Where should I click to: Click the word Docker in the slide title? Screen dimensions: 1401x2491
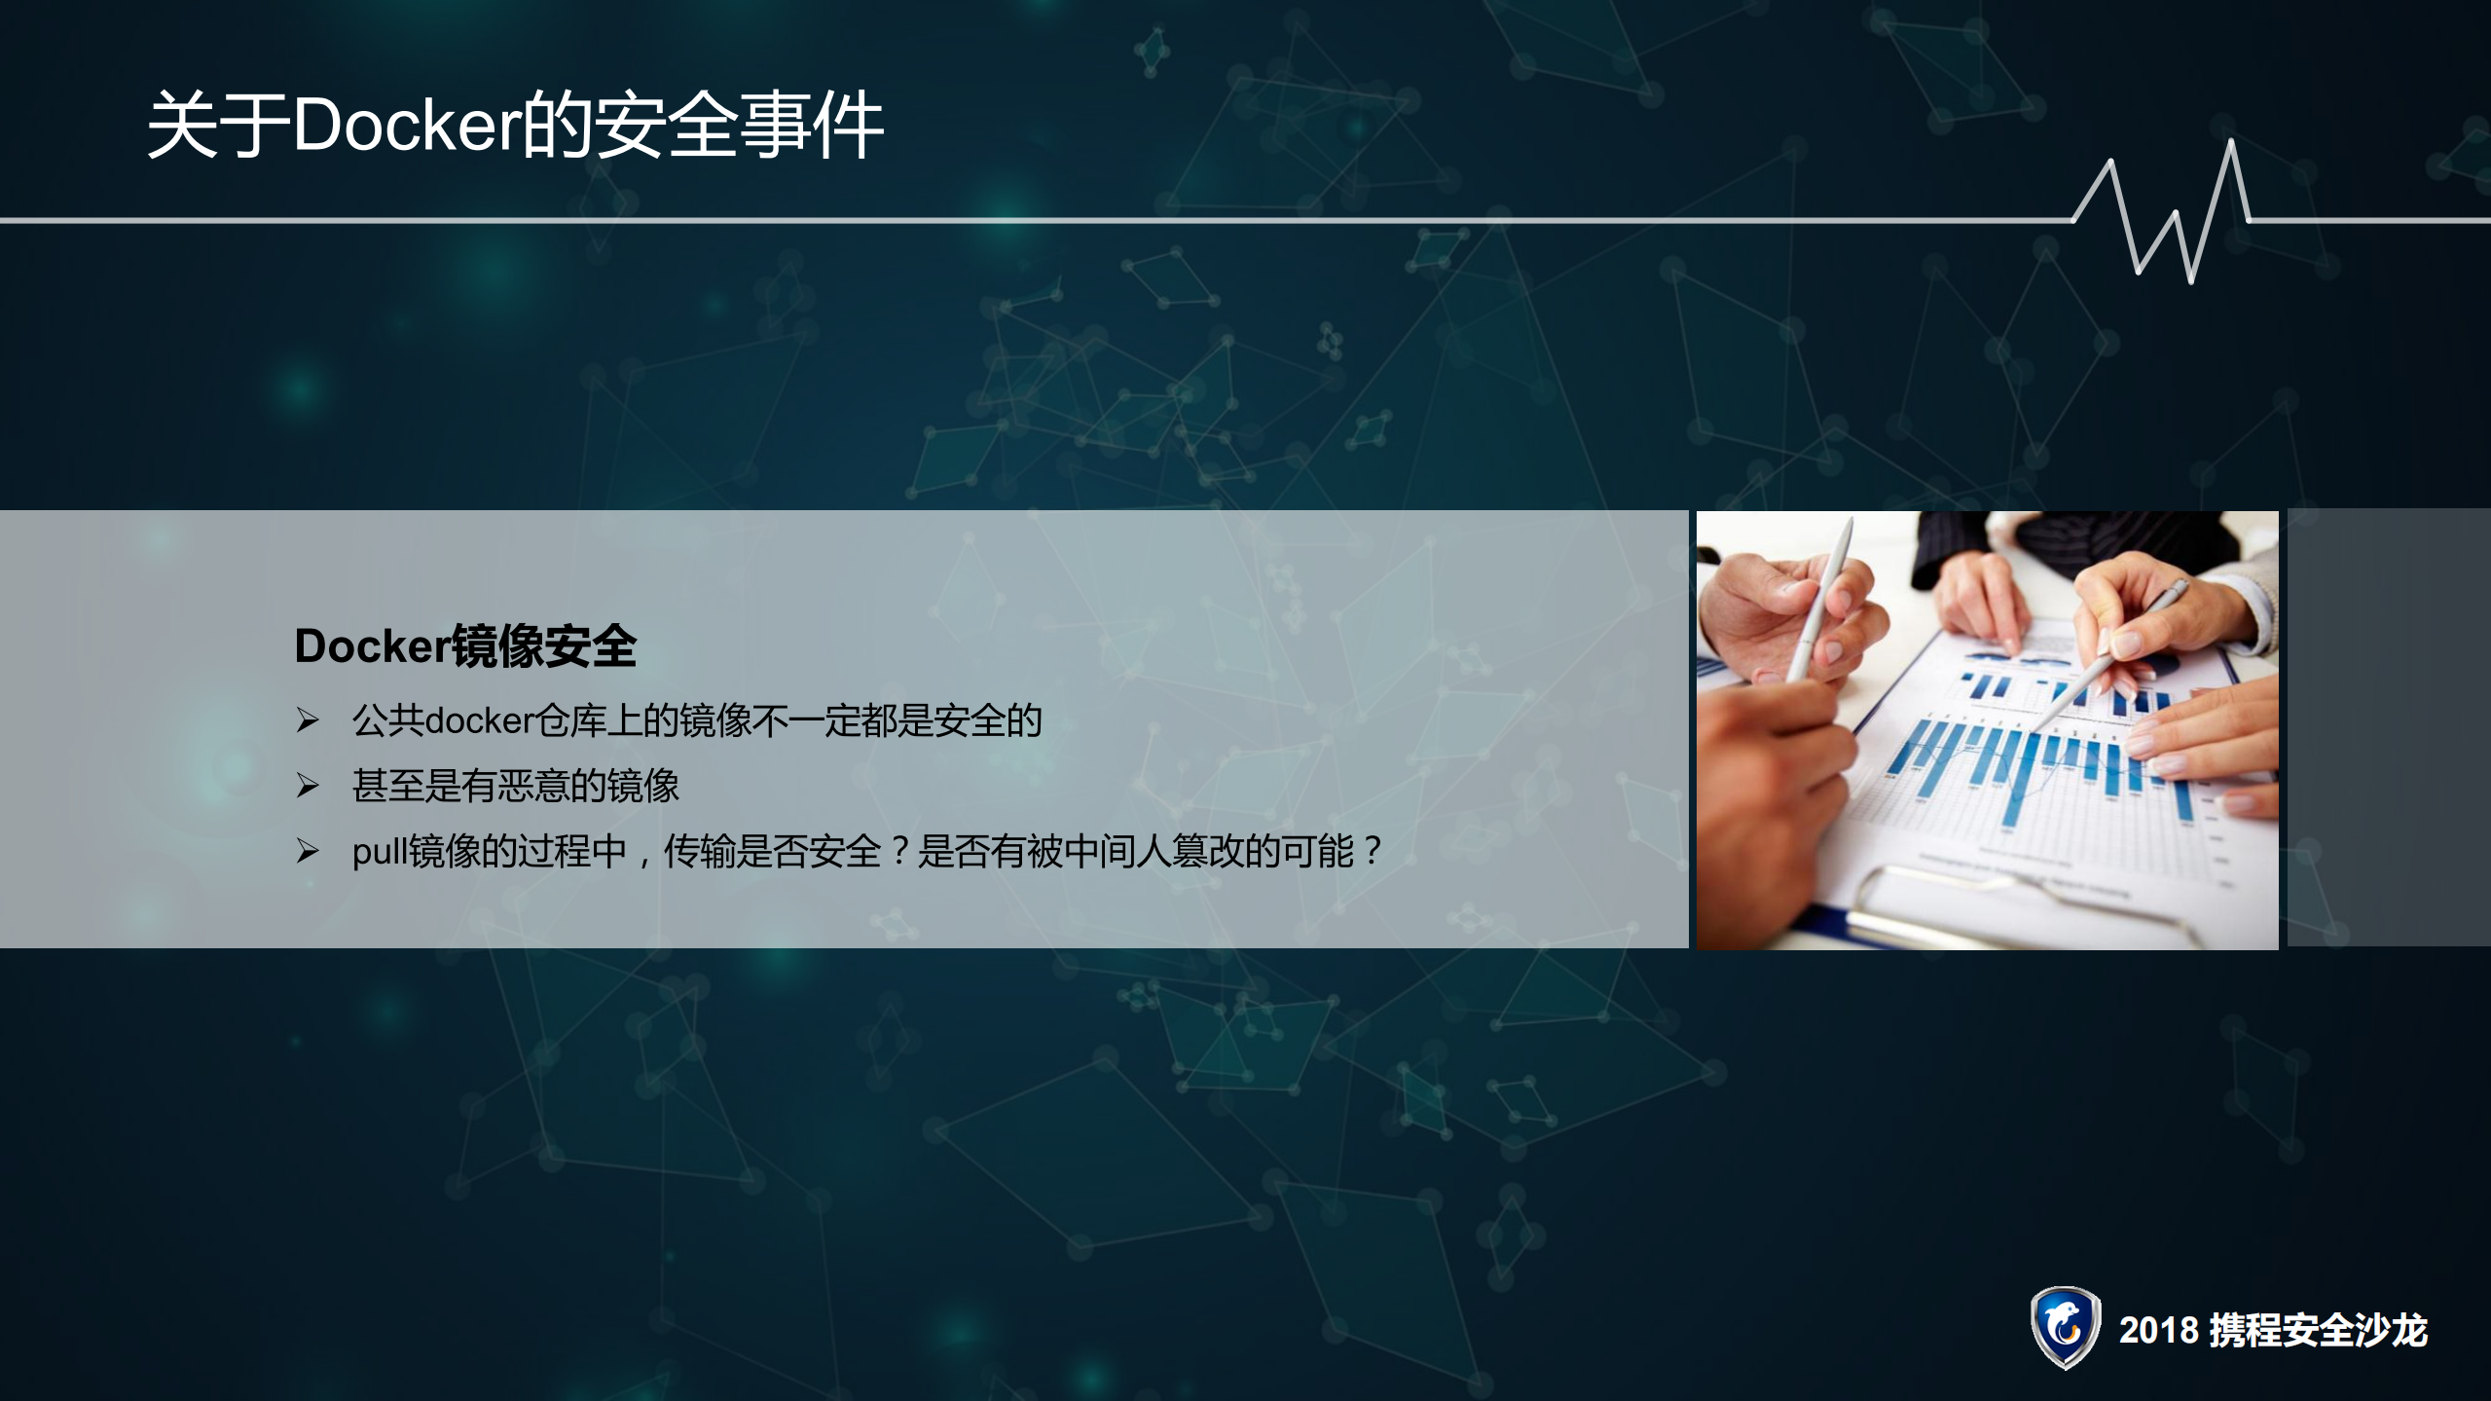point(406,127)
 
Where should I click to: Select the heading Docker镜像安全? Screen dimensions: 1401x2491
point(464,646)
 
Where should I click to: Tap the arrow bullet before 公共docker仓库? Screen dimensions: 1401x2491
point(308,720)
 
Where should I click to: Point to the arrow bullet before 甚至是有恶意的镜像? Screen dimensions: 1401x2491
point(308,786)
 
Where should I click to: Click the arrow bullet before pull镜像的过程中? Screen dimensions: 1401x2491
point(308,852)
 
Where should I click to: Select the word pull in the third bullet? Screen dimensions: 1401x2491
point(380,853)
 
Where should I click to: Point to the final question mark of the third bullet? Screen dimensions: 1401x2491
point(1373,852)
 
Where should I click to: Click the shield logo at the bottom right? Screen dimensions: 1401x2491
point(2065,1328)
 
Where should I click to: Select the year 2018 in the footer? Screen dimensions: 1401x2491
point(2158,1331)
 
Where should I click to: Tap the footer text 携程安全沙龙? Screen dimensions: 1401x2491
point(2318,1331)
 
